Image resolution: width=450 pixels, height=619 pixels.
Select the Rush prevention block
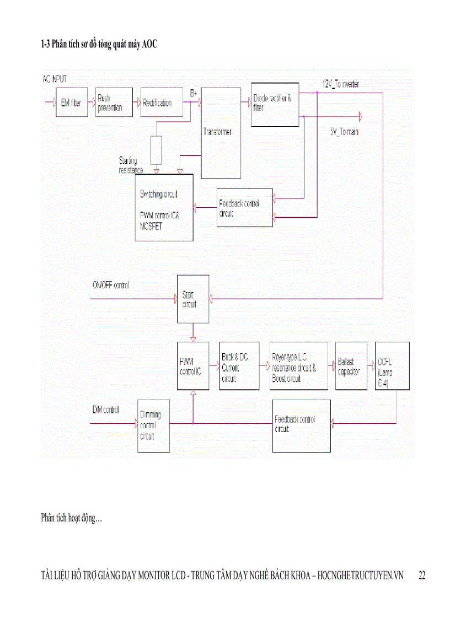(114, 102)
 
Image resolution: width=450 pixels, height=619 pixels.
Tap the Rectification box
(161, 102)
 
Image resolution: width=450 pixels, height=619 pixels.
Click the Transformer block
(221, 133)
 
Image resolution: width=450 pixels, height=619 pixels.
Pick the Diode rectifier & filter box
(275, 104)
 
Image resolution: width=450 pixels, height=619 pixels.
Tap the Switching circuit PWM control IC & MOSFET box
(164, 207)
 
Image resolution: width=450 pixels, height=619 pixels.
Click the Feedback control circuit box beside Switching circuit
(244, 208)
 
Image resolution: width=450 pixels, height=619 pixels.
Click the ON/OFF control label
(110, 285)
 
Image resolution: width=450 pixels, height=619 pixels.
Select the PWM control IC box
(193, 366)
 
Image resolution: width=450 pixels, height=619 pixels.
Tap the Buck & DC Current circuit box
(239, 366)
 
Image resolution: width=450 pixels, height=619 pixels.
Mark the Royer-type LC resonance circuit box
(298, 366)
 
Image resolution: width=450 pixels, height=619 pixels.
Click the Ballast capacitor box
(351, 366)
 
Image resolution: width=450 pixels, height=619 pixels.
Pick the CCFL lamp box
(392, 366)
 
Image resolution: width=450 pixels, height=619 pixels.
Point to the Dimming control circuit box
(153, 426)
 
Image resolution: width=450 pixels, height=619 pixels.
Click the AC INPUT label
(55, 79)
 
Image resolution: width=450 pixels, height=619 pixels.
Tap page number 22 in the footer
(422, 575)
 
